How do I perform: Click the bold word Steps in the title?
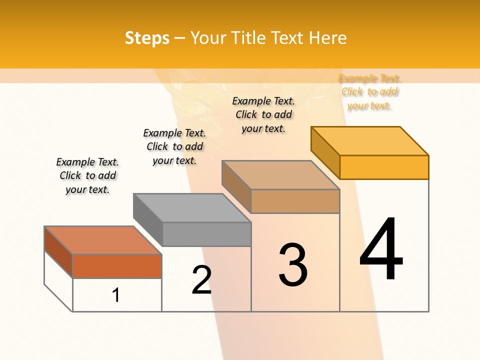click(x=146, y=38)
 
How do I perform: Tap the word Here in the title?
click(x=328, y=38)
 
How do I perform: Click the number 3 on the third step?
click(x=293, y=265)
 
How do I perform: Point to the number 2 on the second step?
click(x=201, y=280)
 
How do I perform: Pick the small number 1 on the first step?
click(x=116, y=295)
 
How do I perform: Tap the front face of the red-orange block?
click(x=117, y=266)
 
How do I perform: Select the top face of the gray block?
click(x=192, y=207)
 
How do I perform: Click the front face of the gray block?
click(x=206, y=234)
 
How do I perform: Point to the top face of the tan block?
click(x=281, y=175)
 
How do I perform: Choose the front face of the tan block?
click(x=295, y=201)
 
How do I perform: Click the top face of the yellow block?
click(x=370, y=141)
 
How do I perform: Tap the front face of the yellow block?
click(x=384, y=167)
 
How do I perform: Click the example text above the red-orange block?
click(x=87, y=175)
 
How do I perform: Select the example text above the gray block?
click(x=174, y=146)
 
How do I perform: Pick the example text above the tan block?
click(x=263, y=114)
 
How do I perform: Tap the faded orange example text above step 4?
click(x=369, y=92)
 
